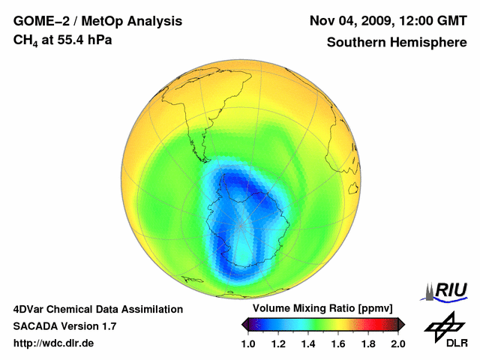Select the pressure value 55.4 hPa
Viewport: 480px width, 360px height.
click(x=84, y=40)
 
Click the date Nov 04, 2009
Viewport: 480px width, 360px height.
click(x=350, y=21)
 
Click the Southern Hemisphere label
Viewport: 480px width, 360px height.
click(x=397, y=42)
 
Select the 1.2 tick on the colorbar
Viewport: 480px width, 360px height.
click(x=278, y=343)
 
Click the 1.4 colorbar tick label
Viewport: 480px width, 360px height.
click(x=308, y=343)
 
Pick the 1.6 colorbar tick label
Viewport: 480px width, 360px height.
click(x=338, y=343)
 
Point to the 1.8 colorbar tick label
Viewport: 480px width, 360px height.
click(x=368, y=343)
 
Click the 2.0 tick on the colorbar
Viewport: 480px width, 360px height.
click(x=398, y=343)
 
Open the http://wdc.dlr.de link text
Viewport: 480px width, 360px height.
click(x=55, y=343)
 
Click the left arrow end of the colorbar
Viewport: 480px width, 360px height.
click(x=245, y=324)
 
